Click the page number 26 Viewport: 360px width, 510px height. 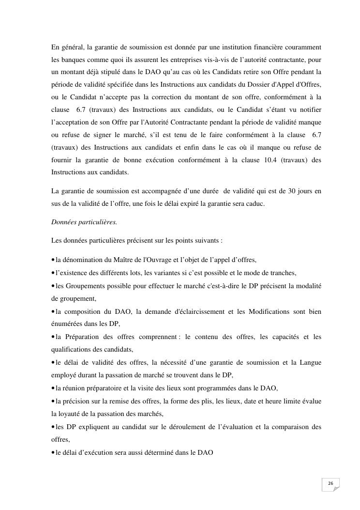pos(330,483)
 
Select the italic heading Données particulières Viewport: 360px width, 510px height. pos(84,222)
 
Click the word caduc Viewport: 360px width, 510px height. pos(255,204)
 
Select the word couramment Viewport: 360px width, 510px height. pos(304,47)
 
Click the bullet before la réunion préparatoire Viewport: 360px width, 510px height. pos(53,388)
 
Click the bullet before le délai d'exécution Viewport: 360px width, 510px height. pos(53,453)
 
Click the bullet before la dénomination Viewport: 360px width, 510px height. pos(53,260)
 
